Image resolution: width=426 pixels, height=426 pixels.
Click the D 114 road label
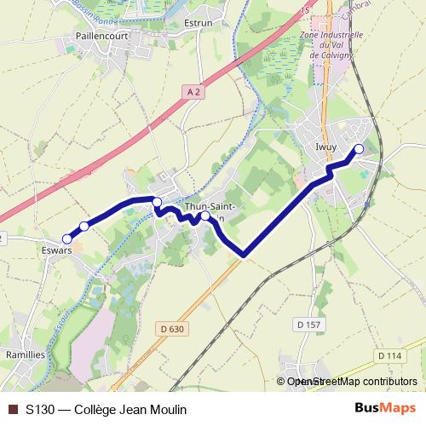tap(387, 354)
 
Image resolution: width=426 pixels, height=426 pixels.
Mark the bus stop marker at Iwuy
tap(359, 149)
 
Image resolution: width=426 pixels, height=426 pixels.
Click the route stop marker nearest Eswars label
tap(66, 239)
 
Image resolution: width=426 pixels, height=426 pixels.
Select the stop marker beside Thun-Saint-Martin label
tap(205, 216)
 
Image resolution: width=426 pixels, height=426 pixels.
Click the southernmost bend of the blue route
tap(245, 254)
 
